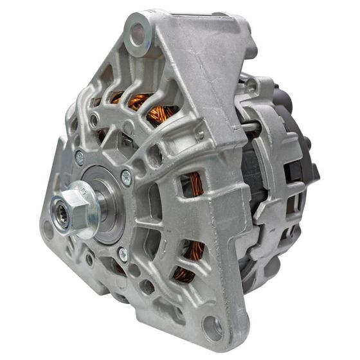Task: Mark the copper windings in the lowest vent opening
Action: pyautogui.click(x=187, y=270)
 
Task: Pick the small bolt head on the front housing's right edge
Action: pyautogui.click(x=200, y=134)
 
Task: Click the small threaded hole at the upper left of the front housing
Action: pyautogui.click(x=94, y=120)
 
